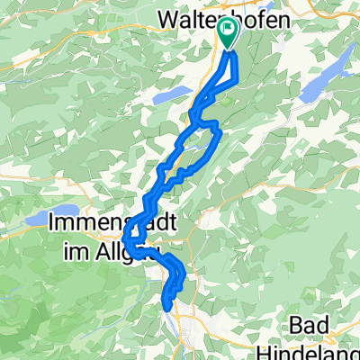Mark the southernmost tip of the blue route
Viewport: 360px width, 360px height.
(x=168, y=309)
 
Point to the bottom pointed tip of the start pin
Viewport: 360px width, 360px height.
(x=226, y=50)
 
